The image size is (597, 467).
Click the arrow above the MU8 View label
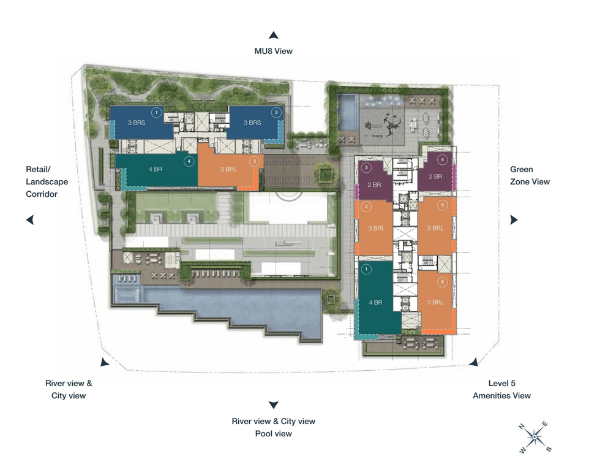[274, 36]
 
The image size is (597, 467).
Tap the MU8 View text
[274, 51]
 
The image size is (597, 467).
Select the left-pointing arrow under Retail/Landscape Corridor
[29, 220]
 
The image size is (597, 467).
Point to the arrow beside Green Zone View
[514, 220]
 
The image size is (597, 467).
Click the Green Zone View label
[530, 175]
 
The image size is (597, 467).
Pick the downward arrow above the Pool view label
[274, 405]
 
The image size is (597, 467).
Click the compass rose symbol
[535, 437]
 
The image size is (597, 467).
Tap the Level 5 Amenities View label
[501, 389]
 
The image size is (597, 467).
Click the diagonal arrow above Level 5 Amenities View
[473, 362]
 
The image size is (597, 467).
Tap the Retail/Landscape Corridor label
[47, 181]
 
